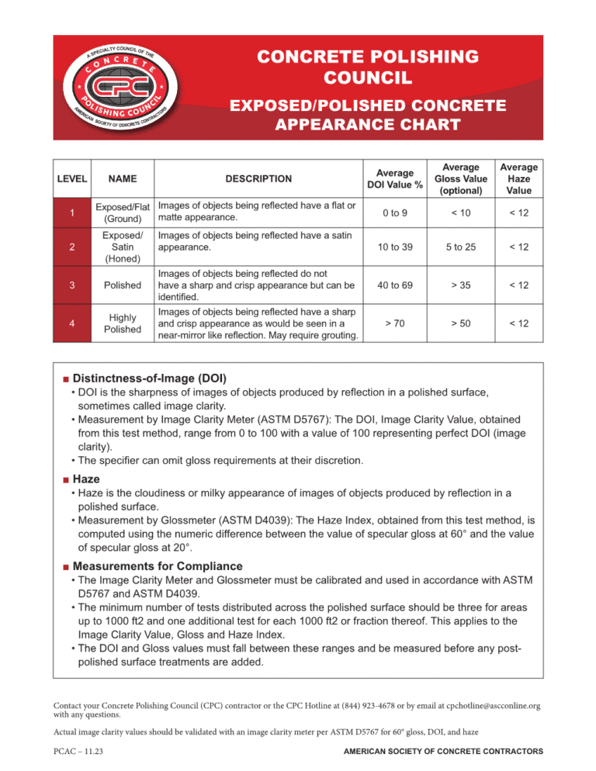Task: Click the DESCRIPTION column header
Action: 258,178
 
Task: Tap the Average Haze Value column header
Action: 519,178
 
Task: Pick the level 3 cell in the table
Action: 71,285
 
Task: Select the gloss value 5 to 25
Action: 461,247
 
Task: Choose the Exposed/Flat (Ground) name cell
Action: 123,213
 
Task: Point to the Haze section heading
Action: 86,480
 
